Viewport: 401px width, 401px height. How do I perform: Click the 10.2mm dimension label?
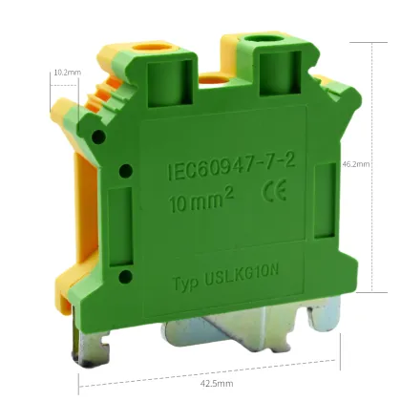[x=67, y=72]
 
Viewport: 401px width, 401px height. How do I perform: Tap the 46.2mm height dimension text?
[x=353, y=164]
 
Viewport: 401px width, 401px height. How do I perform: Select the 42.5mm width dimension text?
[x=213, y=384]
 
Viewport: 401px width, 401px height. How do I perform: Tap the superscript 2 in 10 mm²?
[x=231, y=197]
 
